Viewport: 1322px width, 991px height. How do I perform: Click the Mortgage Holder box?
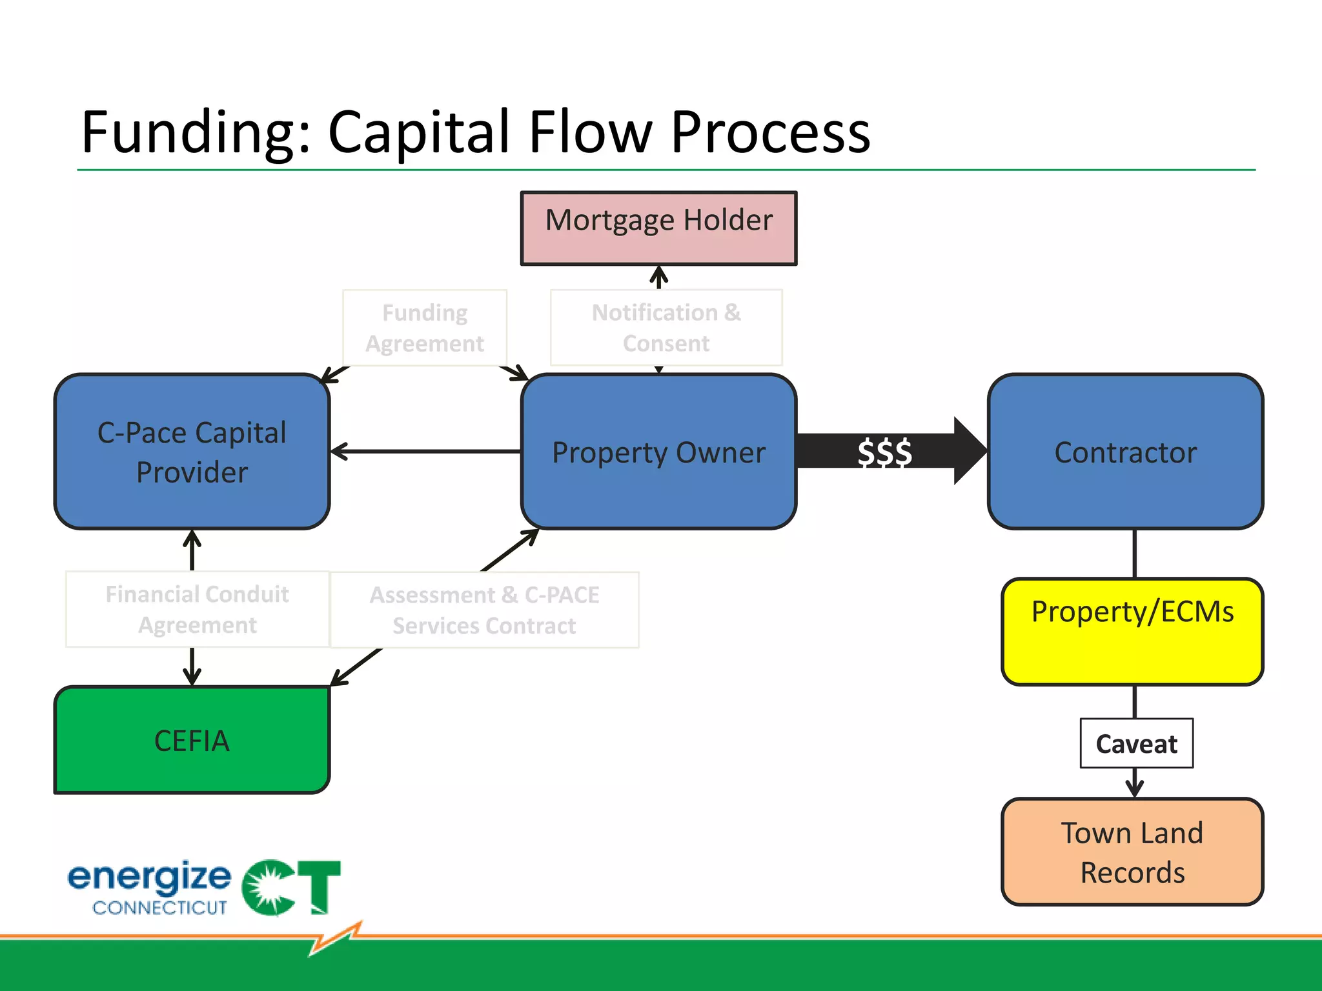658,228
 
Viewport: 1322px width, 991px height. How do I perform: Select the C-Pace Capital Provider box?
192,452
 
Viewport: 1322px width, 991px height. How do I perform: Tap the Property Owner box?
658,452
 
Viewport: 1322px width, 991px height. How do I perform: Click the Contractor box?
1125,452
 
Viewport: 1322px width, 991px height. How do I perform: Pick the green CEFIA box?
192,740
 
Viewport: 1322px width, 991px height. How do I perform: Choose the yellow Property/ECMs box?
1132,631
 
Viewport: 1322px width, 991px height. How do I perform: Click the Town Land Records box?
1132,852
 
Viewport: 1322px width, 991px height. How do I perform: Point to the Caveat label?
1136,744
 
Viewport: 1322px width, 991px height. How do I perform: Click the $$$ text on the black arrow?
884,452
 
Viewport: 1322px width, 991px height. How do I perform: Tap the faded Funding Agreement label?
425,328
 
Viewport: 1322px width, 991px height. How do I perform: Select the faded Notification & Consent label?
666,328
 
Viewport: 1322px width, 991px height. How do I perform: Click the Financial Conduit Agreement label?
197,609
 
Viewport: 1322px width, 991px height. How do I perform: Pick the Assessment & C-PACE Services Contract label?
484,610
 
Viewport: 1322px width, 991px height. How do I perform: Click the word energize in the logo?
149,877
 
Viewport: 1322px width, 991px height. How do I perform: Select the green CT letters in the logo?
292,887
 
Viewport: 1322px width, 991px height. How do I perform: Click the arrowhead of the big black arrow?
968,451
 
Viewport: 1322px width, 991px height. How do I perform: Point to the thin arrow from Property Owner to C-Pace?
426,452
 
